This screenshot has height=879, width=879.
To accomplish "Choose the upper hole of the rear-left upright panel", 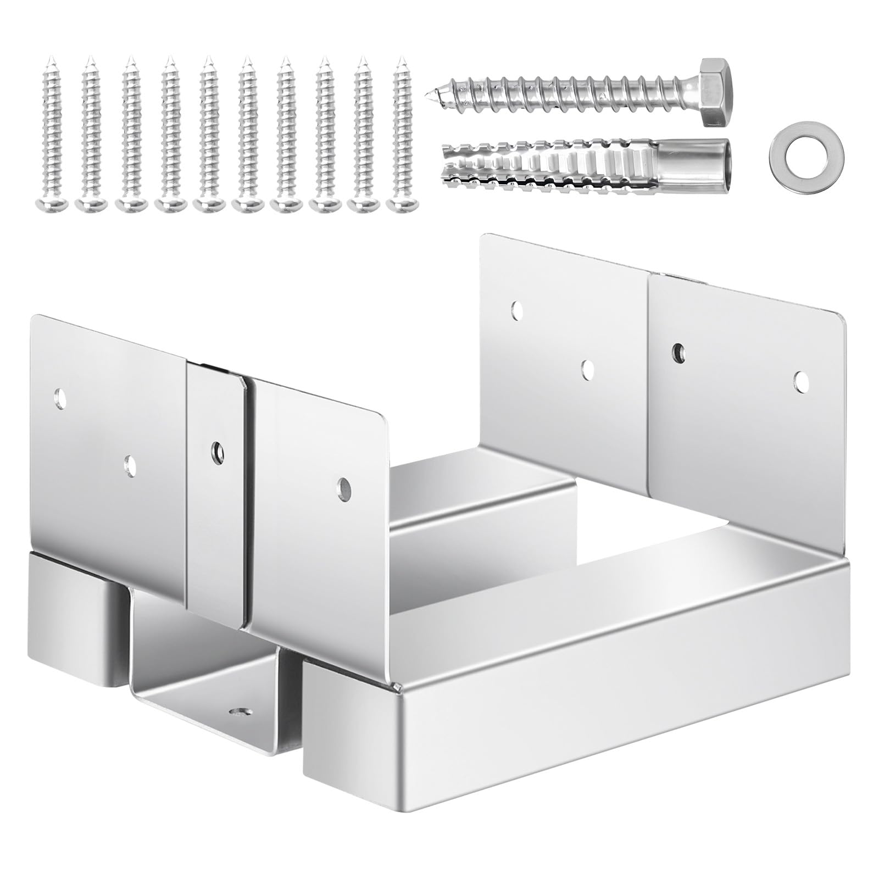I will [x=518, y=311].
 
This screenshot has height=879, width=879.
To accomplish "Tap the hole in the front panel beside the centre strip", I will [x=343, y=486].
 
